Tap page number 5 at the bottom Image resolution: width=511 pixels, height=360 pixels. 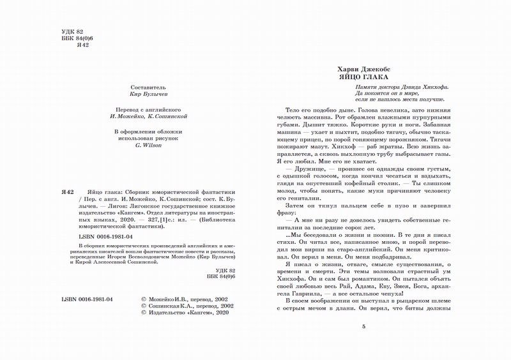coord(363,327)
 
